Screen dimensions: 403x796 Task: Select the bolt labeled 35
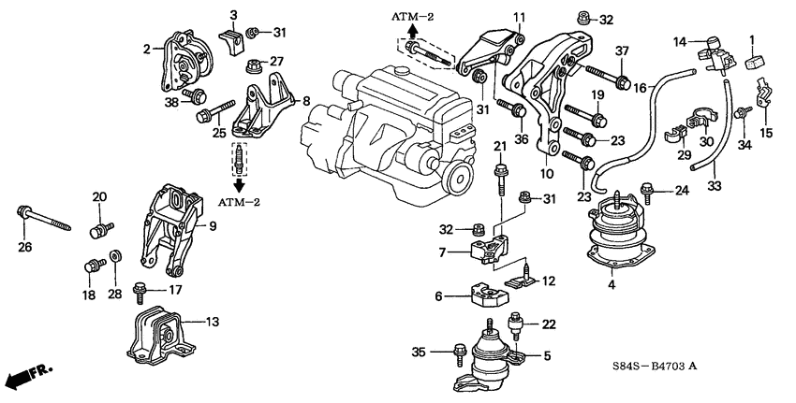tap(458, 353)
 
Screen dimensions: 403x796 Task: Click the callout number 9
tap(214, 224)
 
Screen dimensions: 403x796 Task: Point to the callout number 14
tap(681, 40)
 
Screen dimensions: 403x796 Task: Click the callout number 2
tap(146, 49)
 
